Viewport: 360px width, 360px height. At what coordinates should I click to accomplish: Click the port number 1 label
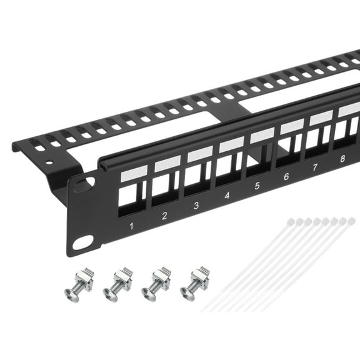132,225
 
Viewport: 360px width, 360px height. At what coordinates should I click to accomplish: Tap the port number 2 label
164,216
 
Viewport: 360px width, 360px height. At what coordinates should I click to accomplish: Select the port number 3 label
196,205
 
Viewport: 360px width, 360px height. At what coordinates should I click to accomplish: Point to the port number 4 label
226,196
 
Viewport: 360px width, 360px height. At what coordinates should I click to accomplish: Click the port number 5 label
256,186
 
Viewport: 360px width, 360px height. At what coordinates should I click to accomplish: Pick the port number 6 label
286,177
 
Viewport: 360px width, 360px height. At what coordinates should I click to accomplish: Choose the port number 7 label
314,167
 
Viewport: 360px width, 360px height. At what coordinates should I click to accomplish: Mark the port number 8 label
342,159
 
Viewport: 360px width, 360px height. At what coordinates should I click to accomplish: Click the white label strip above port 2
167,164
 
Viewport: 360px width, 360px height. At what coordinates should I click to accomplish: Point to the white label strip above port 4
231,144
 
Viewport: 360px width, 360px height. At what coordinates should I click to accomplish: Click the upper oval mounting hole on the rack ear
84,184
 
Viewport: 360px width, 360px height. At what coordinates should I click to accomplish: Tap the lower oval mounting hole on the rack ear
82,242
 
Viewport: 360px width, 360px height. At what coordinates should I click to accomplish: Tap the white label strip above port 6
291,126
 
